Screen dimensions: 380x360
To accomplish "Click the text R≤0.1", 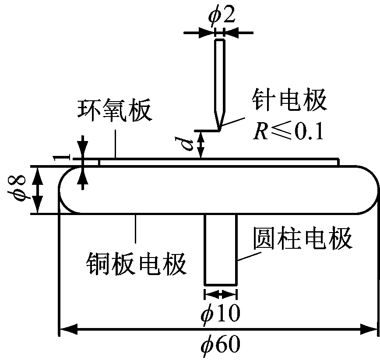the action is (289, 131).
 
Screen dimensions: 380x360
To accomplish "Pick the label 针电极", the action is (289, 100).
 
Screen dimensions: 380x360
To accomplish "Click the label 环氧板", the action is (115, 110).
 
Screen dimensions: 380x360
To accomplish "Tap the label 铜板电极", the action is (137, 264).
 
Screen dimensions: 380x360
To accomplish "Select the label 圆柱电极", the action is (303, 238).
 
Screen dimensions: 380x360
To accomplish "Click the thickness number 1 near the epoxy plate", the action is (62, 158).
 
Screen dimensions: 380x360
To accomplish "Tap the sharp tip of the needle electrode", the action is (220, 130).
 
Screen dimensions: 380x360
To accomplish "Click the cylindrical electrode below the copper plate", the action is (221, 250).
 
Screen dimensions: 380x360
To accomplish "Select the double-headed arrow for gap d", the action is (201, 145).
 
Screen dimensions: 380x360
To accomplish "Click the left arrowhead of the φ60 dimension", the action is (68, 329).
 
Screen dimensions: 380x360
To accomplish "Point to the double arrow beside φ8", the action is (38, 191).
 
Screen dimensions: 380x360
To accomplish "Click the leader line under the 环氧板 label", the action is (116, 144).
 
